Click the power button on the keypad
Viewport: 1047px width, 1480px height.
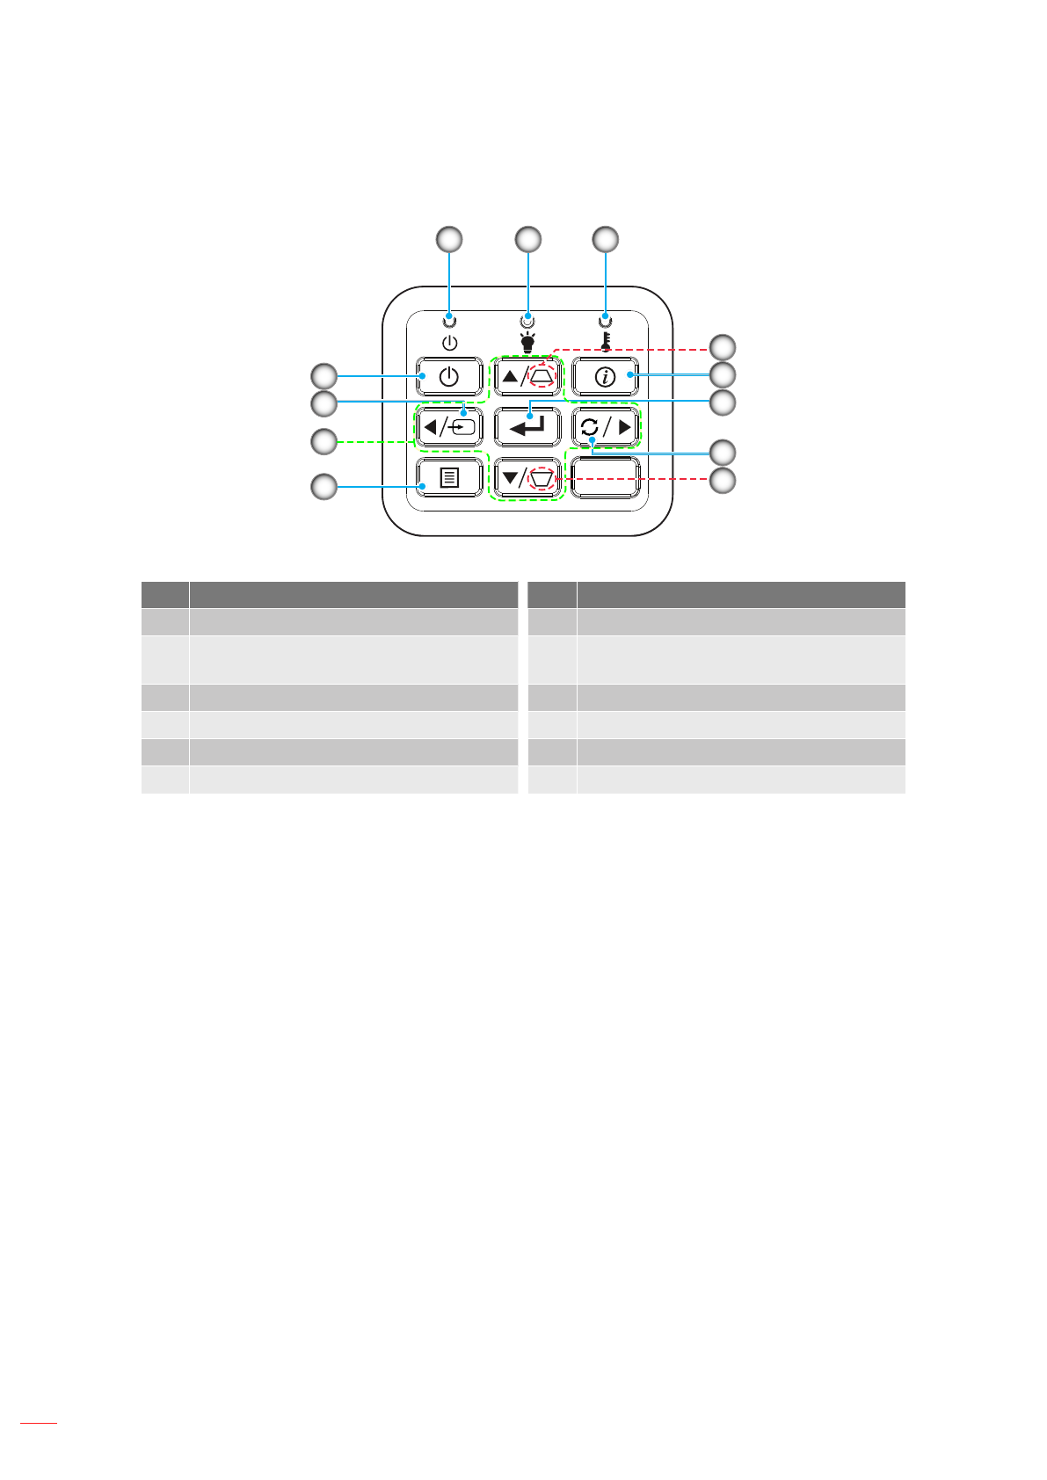449,377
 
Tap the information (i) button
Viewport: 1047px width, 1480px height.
605,377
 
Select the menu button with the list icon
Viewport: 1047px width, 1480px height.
449,478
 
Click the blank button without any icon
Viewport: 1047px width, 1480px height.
605,478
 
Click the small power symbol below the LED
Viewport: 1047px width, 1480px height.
450,342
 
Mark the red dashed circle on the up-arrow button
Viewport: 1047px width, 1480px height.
542,375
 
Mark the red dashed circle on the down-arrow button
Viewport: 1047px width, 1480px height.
542,478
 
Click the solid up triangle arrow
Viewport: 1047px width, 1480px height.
510,377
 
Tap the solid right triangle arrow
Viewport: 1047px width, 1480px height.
625,428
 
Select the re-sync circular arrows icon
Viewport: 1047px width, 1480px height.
589,428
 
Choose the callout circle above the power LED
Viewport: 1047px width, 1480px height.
450,239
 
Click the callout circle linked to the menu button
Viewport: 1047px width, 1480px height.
324,487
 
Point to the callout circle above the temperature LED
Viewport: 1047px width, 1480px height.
605,239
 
